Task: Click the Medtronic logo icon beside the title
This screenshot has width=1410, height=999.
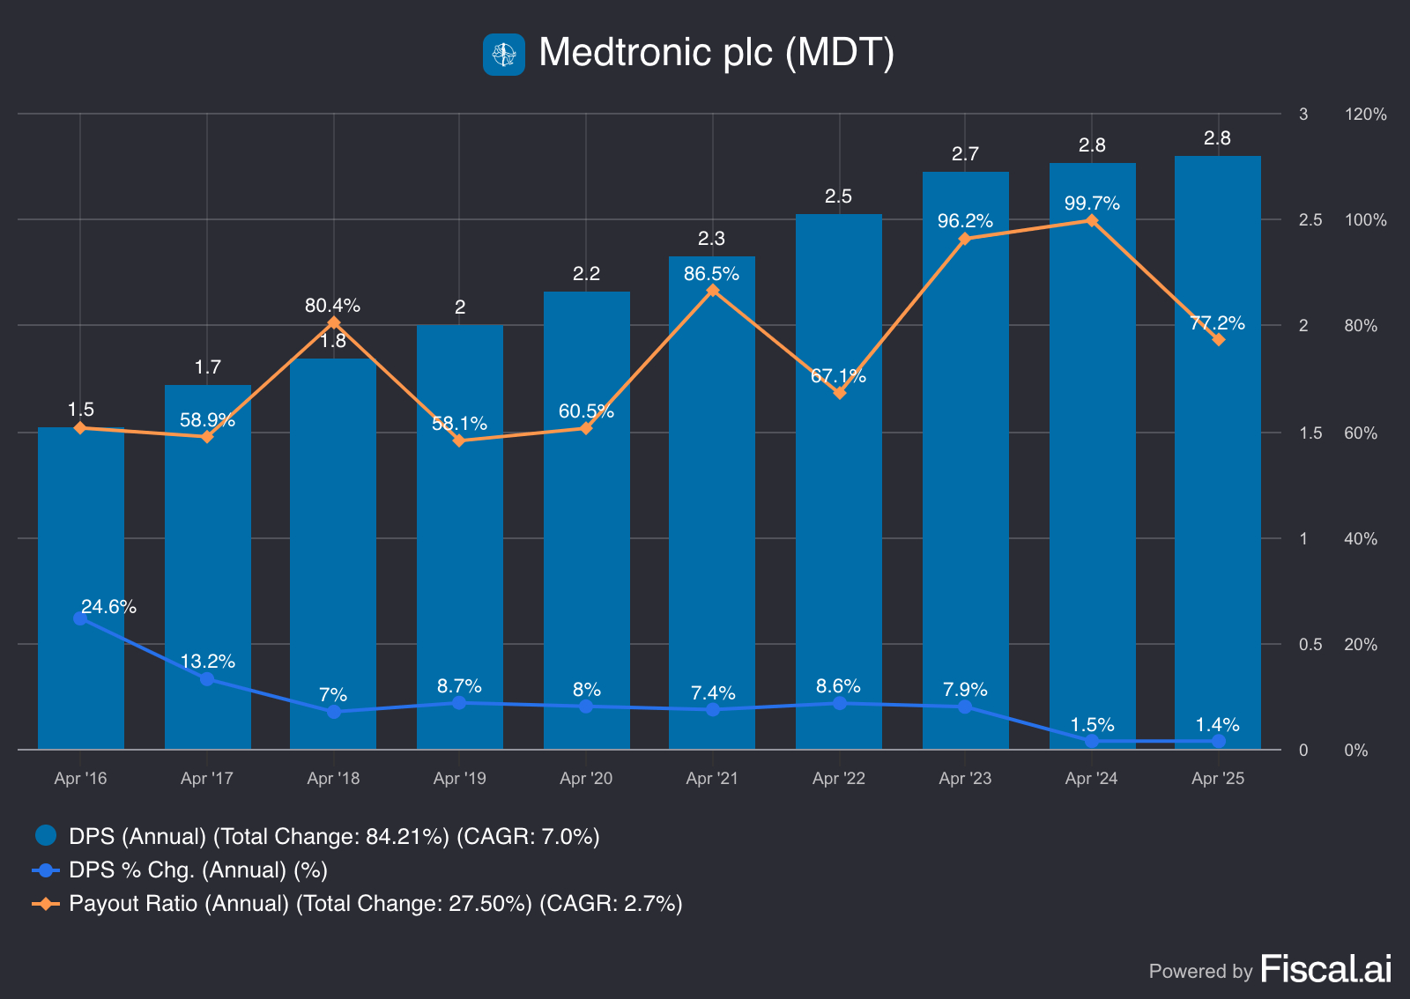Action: (x=504, y=55)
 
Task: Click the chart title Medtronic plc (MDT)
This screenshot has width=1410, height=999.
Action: (x=716, y=53)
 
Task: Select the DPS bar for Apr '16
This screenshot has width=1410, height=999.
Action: (x=81, y=529)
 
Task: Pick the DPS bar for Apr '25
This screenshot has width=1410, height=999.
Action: (x=1218, y=529)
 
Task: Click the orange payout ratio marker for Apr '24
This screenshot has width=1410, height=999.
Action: (x=1092, y=220)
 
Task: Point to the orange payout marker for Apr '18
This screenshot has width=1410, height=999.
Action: (x=334, y=323)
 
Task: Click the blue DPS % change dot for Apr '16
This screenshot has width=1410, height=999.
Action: (x=80, y=618)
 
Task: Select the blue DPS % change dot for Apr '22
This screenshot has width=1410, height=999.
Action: (x=840, y=703)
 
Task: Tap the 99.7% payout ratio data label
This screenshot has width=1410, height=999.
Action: (x=1092, y=203)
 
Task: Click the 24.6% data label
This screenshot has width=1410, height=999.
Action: (x=108, y=606)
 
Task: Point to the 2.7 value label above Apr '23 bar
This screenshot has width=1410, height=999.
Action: (x=965, y=154)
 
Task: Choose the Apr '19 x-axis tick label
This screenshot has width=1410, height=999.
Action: (x=460, y=778)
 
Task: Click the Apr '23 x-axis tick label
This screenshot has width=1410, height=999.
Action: (x=965, y=778)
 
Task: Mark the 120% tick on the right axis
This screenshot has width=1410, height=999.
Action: (x=1365, y=115)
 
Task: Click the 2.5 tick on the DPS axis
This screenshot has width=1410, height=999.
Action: (x=1310, y=220)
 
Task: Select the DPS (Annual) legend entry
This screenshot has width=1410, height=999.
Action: (x=317, y=836)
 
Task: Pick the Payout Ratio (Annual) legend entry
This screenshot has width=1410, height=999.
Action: (x=358, y=903)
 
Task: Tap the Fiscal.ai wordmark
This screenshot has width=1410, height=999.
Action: (x=1326, y=969)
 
